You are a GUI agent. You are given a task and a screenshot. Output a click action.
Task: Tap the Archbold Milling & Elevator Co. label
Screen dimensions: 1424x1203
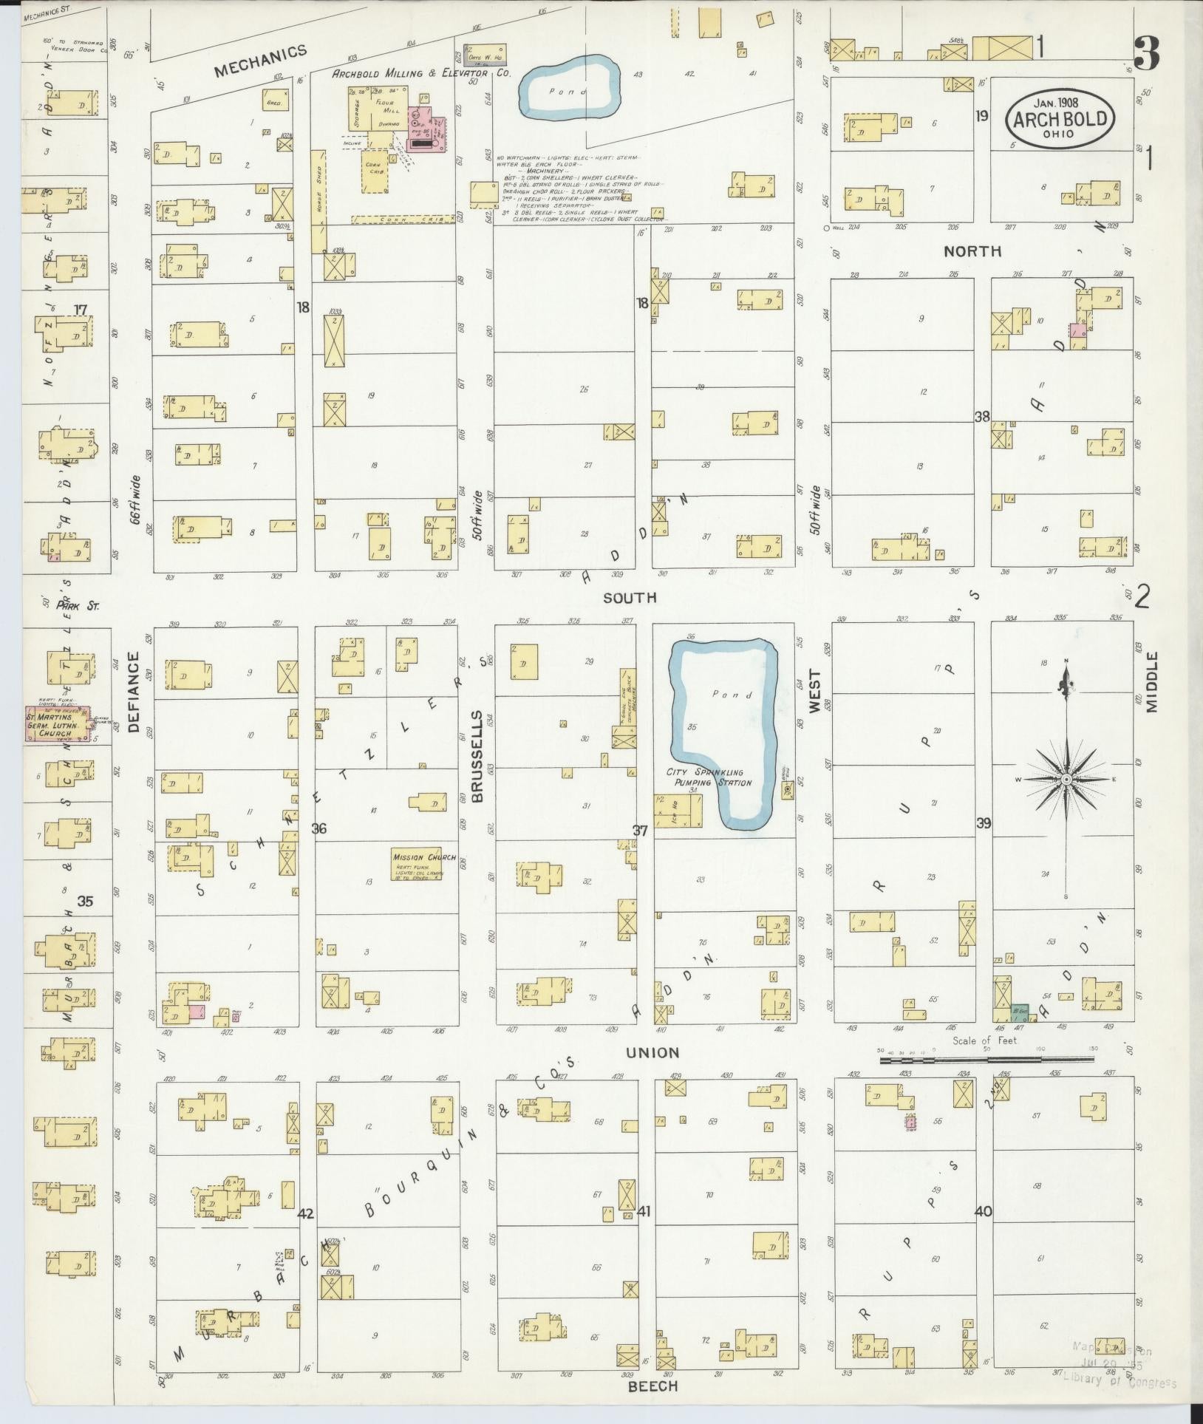coord(421,74)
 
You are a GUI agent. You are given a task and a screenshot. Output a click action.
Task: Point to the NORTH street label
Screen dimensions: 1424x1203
coord(972,251)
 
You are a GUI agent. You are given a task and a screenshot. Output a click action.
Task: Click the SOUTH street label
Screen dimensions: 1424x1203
coord(630,597)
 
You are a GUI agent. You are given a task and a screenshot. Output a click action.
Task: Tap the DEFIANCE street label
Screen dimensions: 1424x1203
coord(134,692)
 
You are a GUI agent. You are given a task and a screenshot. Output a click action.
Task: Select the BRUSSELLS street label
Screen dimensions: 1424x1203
coord(477,757)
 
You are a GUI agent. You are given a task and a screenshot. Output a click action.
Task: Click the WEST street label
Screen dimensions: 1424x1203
coord(814,691)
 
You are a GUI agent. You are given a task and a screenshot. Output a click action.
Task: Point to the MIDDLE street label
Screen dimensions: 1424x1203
coord(1153,682)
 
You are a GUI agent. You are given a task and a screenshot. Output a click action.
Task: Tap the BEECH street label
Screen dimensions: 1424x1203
coord(652,1386)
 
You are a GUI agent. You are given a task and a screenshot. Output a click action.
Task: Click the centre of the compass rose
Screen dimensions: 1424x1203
coord(1066,780)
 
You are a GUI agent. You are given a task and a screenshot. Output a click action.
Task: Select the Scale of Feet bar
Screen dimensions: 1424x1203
coord(986,1060)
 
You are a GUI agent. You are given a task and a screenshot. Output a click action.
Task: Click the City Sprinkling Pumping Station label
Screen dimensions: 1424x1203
coord(709,777)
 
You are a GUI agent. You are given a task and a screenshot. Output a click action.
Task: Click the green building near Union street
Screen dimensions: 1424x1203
coord(1020,1010)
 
